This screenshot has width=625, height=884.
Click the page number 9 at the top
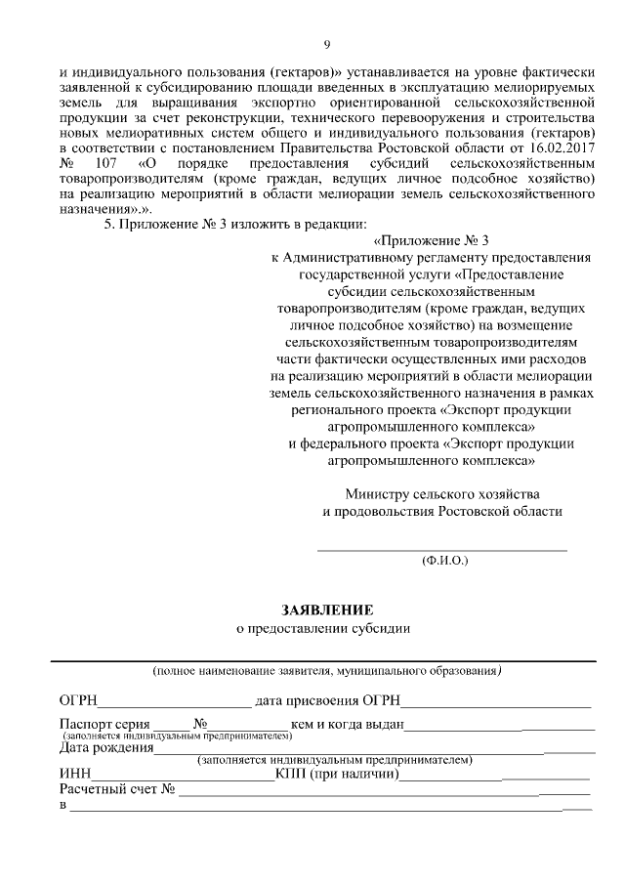pyautogui.click(x=327, y=44)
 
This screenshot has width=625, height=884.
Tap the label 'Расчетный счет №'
pyautogui.click(x=116, y=789)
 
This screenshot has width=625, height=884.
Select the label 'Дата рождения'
pyautogui.click(x=105, y=748)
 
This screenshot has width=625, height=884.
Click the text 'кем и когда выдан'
pyautogui.click(x=347, y=724)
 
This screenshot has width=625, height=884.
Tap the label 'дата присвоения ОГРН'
pyautogui.click(x=327, y=700)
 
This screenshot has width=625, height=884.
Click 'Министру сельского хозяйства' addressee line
pyautogui.click(x=442, y=494)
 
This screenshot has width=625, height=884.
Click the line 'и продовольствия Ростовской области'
pyautogui.click(x=442, y=511)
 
